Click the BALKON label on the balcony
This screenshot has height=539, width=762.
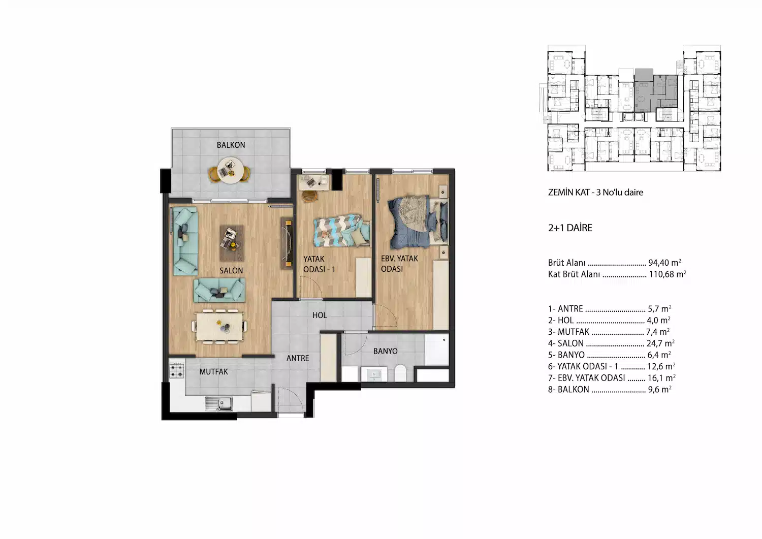(231, 145)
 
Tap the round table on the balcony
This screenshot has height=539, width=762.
(230, 170)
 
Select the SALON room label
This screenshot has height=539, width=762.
(231, 271)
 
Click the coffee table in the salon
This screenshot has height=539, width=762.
(232, 243)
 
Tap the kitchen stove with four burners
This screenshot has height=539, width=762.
(177, 370)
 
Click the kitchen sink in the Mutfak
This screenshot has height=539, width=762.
(219, 404)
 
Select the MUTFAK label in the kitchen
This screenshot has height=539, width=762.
(214, 372)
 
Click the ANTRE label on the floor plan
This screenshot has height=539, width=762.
(298, 358)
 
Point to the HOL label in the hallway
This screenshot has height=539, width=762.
(320, 315)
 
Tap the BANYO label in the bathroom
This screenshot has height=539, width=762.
(386, 351)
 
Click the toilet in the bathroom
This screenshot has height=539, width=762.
(400, 373)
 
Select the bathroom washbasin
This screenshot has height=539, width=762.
(374, 374)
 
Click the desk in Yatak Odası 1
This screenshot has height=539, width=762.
(313, 182)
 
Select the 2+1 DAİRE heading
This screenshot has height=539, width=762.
(570, 228)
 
